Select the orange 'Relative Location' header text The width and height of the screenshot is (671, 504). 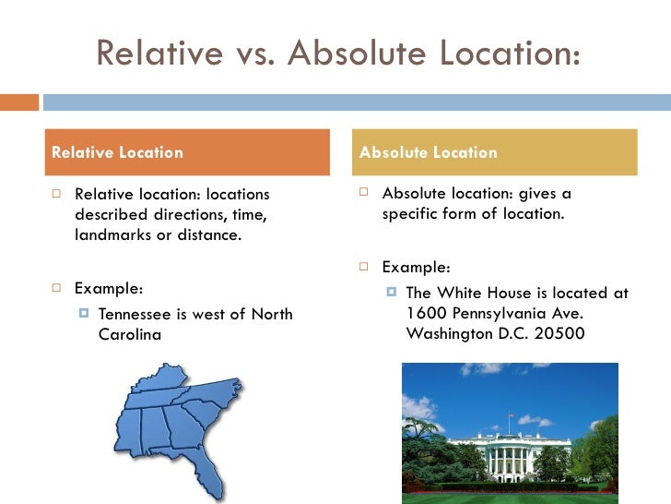pos(117,152)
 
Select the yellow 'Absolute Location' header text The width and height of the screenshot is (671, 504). pos(428,152)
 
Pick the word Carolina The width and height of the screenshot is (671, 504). pos(129,334)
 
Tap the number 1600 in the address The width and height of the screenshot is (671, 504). pos(425,313)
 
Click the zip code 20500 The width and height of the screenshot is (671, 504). pos(559,333)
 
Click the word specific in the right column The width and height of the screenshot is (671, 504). pos(414,214)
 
